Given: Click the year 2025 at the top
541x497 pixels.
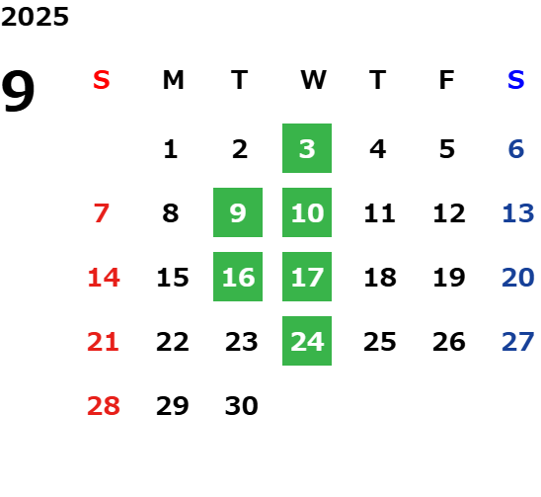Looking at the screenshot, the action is click(x=35, y=17).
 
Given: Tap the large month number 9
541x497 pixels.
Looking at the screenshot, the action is click(x=18, y=91).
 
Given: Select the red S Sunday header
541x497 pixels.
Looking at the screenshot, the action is click(x=102, y=80).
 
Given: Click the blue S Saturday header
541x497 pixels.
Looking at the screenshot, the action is click(x=515, y=80).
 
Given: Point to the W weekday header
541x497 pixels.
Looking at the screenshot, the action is click(x=313, y=80).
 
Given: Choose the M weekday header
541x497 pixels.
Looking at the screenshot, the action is click(x=173, y=80).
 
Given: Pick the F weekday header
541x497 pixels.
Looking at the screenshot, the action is click(x=446, y=80).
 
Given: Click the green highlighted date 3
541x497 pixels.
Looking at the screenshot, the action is click(x=307, y=148).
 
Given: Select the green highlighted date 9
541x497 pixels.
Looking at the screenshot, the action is click(x=238, y=212).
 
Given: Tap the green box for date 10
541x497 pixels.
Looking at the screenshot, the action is click(x=307, y=212).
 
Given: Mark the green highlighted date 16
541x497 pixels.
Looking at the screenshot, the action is click(x=238, y=277).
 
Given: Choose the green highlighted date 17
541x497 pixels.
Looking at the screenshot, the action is click(x=307, y=277).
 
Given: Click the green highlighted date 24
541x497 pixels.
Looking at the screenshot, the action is click(x=307, y=341).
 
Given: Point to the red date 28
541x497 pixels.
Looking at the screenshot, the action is click(x=104, y=405).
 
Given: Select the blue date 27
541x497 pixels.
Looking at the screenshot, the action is click(x=518, y=342).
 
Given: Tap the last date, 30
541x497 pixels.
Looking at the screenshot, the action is click(x=242, y=405).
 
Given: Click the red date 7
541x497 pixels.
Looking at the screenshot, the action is click(x=102, y=213).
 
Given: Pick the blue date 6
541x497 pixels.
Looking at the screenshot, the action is click(x=516, y=149).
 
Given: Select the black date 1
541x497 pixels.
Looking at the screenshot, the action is click(x=171, y=149).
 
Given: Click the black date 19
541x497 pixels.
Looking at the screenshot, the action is click(x=449, y=278).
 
